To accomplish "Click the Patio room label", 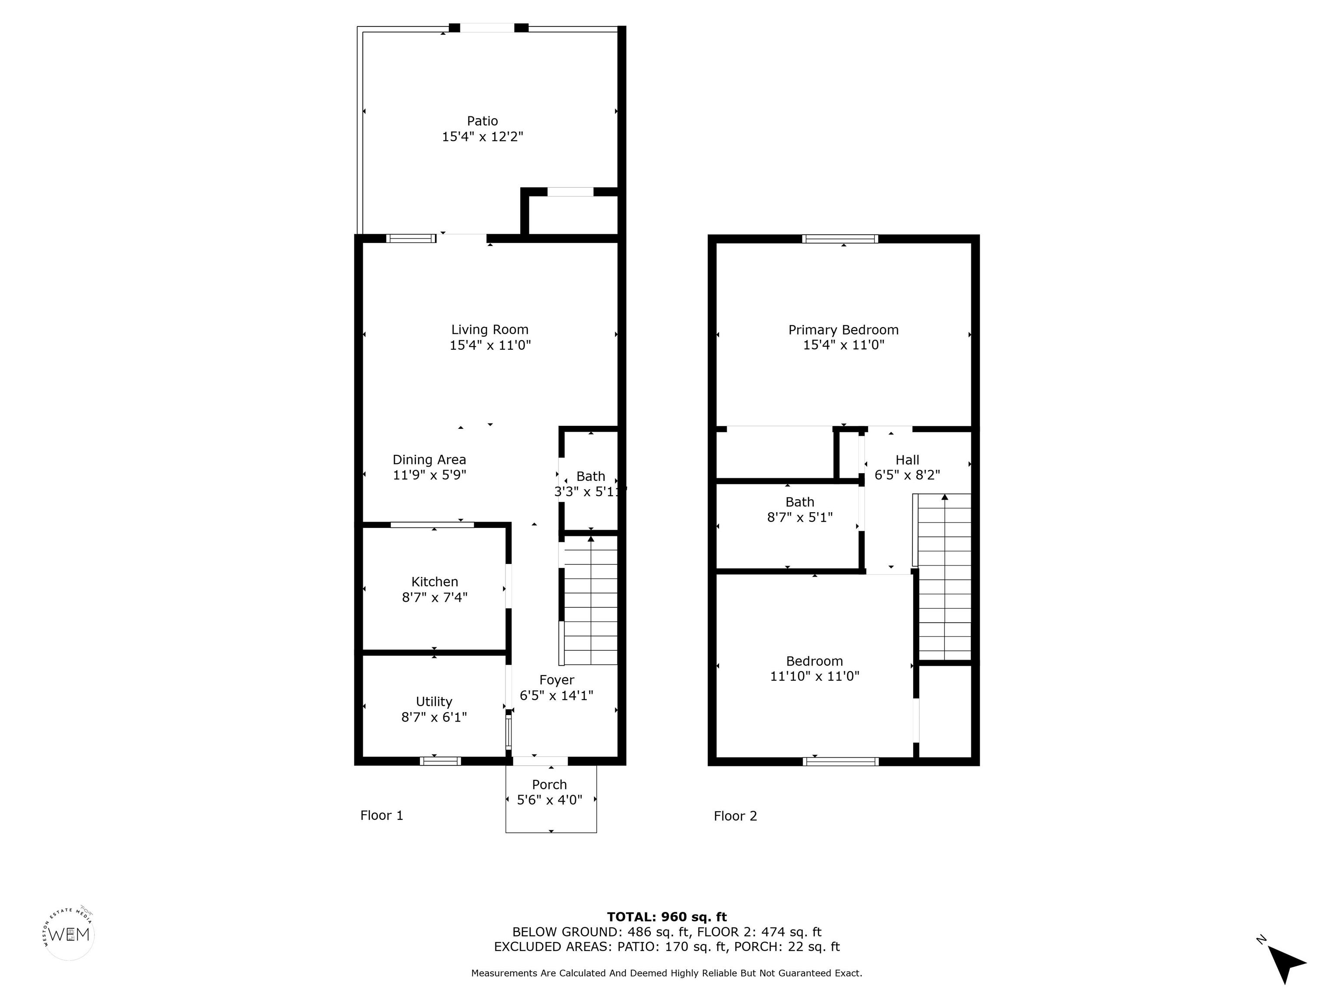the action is pos(482,121).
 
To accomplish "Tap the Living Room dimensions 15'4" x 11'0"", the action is pos(490,345).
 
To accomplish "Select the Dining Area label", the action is pos(429,460).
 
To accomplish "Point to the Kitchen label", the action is pos(435,582).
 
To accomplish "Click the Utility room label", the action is pos(434,702).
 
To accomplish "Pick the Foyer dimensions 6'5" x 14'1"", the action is pos(557,695).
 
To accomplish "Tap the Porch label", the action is pos(549,784).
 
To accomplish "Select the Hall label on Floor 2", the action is pos(908,460).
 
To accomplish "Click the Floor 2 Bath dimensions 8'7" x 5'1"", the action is pos(800,517).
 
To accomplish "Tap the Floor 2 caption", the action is pos(735,816).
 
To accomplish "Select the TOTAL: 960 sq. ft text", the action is pos(667,917).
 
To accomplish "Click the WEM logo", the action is pos(69,934).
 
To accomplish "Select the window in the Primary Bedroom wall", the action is pos(840,239).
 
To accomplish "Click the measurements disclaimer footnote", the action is pos(667,973).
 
